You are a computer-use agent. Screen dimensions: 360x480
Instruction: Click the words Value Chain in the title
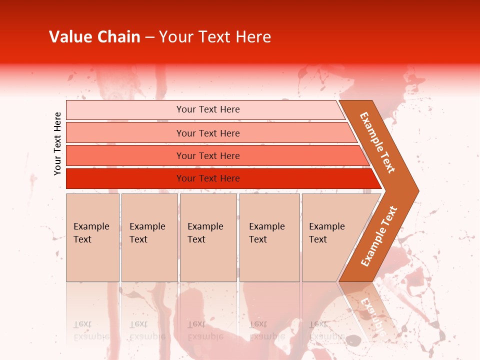coord(94,36)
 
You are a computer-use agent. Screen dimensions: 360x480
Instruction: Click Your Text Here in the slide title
coord(214,36)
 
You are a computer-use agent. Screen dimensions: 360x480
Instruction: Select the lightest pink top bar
coord(125,109)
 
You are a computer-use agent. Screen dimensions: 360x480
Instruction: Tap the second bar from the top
coord(125,132)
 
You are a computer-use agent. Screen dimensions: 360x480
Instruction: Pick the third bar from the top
coord(125,155)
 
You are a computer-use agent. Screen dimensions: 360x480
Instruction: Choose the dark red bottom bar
coord(125,178)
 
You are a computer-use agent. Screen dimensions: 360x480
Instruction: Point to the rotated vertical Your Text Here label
coord(57,143)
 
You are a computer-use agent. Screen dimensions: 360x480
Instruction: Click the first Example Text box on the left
coord(92,237)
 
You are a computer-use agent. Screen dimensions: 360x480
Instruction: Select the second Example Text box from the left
coord(149,237)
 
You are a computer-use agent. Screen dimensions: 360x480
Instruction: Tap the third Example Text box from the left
coord(208,237)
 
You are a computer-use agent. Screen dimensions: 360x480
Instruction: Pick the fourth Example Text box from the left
coord(269,237)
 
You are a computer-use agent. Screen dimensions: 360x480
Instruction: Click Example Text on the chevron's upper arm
coord(378,142)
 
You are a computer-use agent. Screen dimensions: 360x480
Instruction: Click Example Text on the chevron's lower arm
coord(379,236)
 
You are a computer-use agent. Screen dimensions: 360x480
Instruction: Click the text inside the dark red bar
coord(208,178)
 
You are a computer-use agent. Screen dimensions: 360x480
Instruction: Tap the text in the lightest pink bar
coord(208,109)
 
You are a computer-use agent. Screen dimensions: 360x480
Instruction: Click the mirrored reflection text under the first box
coord(91,330)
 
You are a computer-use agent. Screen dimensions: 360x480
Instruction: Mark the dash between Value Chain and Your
coord(149,37)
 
